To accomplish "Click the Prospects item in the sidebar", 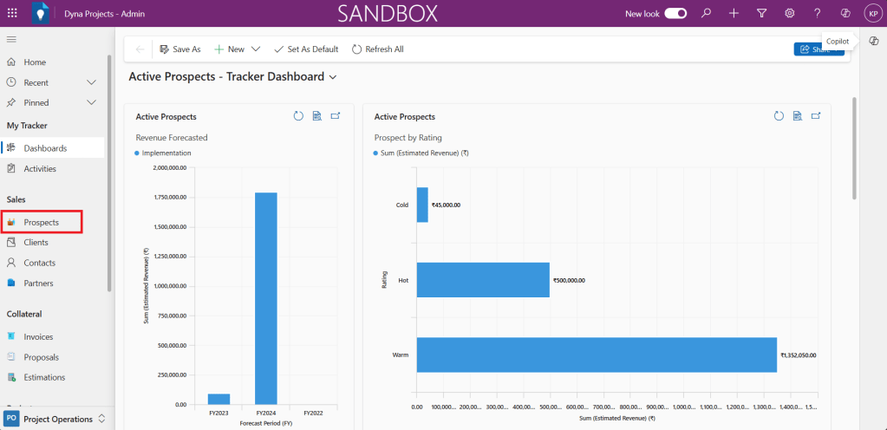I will [41, 223].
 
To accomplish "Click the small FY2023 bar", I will [218, 399].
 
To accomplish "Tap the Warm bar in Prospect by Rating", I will [597, 355].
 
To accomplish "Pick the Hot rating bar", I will [483, 280].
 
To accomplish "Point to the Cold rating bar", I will [422, 205].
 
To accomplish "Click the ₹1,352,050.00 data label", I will [798, 355].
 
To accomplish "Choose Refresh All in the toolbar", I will [377, 49].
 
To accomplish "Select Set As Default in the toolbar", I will [305, 49].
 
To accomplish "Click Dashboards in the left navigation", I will [45, 148].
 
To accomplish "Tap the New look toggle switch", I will [675, 13].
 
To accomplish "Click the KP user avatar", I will [871, 13].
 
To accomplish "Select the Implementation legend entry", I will [166, 153].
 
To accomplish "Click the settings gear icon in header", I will [790, 13].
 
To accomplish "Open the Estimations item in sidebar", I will [44, 377].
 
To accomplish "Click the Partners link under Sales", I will [38, 283].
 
